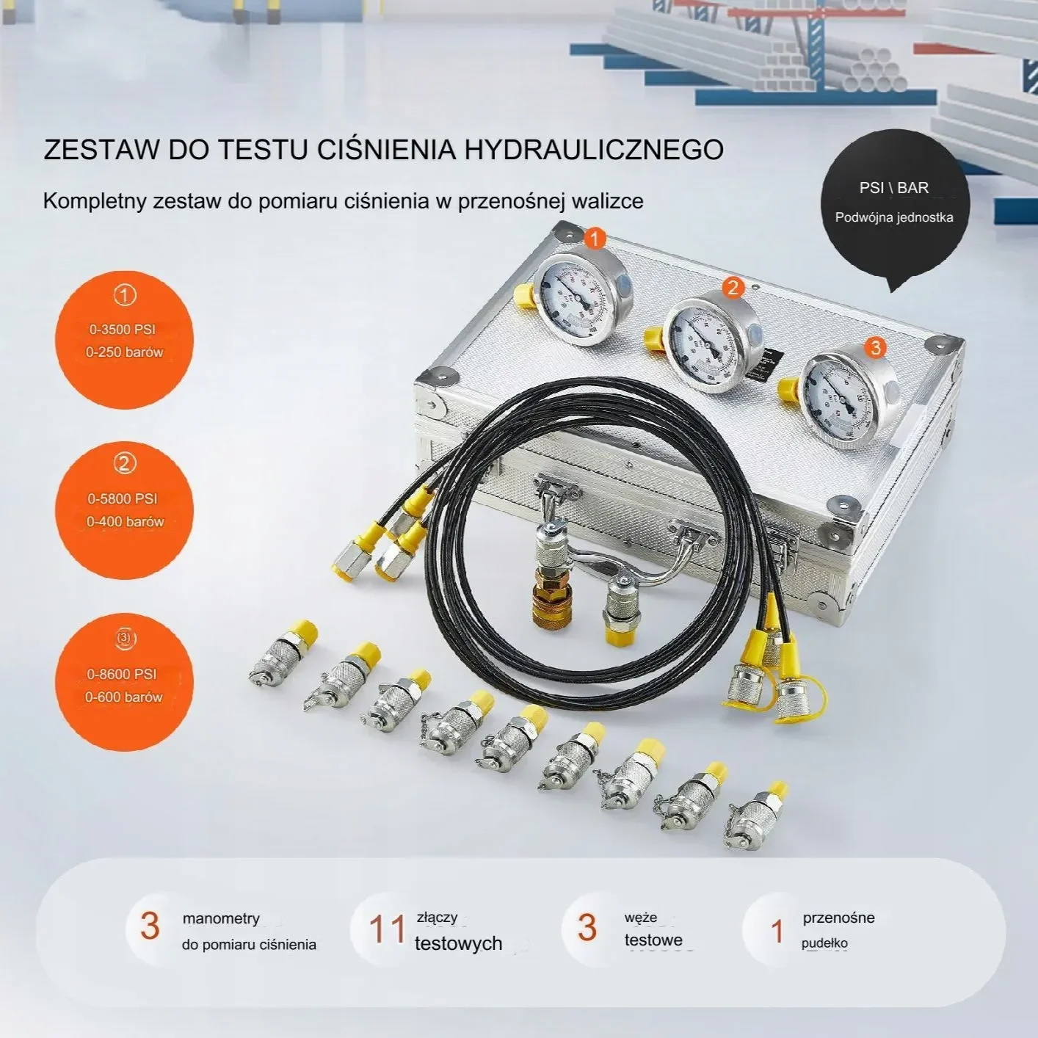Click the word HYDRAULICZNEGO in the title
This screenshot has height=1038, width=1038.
point(594,150)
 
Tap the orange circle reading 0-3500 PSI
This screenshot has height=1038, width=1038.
point(124,340)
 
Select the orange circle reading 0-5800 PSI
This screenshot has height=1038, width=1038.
point(124,510)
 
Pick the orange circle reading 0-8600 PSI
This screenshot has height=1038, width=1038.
point(123,683)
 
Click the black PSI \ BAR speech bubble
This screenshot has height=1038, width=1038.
point(894,203)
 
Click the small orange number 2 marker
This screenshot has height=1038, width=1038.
point(733,288)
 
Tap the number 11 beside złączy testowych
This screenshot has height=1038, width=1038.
point(387,929)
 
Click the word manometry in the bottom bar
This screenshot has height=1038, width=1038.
point(221,918)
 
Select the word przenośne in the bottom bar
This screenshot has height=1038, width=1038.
point(838,918)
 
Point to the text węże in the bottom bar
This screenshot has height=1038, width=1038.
point(641,918)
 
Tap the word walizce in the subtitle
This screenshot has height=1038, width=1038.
point(606,201)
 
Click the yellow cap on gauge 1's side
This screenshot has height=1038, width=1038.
point(523,295)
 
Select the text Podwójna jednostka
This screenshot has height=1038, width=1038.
point(894,217)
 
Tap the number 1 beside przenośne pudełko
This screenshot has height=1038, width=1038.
point(777,931)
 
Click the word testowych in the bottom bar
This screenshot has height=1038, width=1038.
point(458,943)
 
